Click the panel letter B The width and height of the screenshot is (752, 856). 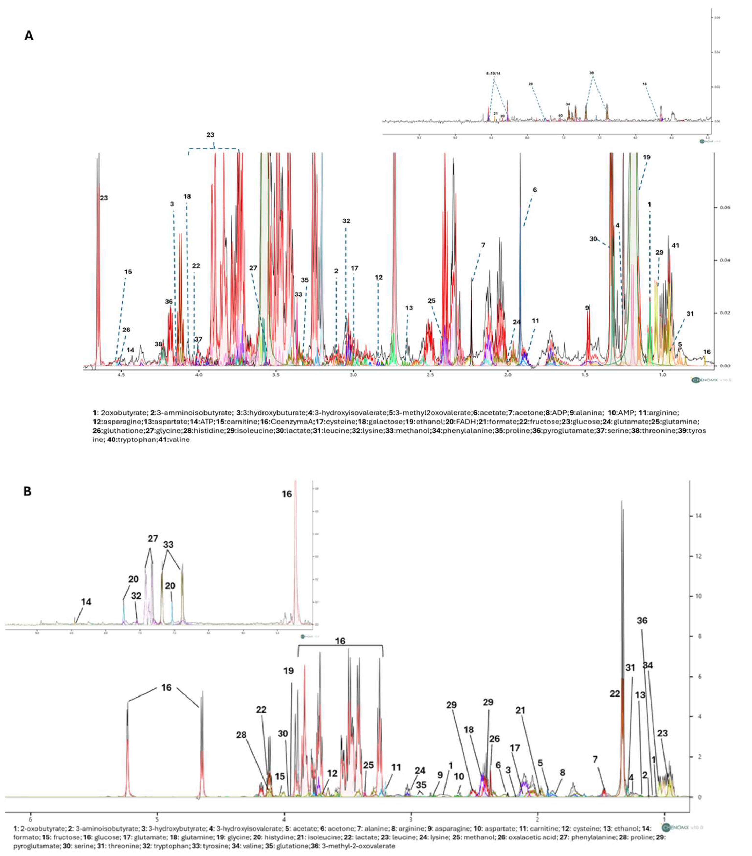[x=27, y=491]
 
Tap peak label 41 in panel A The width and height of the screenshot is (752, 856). [x=675, y=245]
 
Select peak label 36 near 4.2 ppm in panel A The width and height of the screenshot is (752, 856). [x=169, y=302]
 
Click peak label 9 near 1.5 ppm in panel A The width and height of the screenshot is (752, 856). [x=587, y=308]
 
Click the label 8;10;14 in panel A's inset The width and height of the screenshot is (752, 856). [x=493, y=73]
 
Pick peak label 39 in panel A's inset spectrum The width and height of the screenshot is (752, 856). [x=591, y=73]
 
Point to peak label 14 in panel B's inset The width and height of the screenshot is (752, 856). [x=86, y=602]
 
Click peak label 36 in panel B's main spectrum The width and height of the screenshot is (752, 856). [x=642, y=621]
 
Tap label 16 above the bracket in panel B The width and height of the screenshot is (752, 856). [x=340, y=641]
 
